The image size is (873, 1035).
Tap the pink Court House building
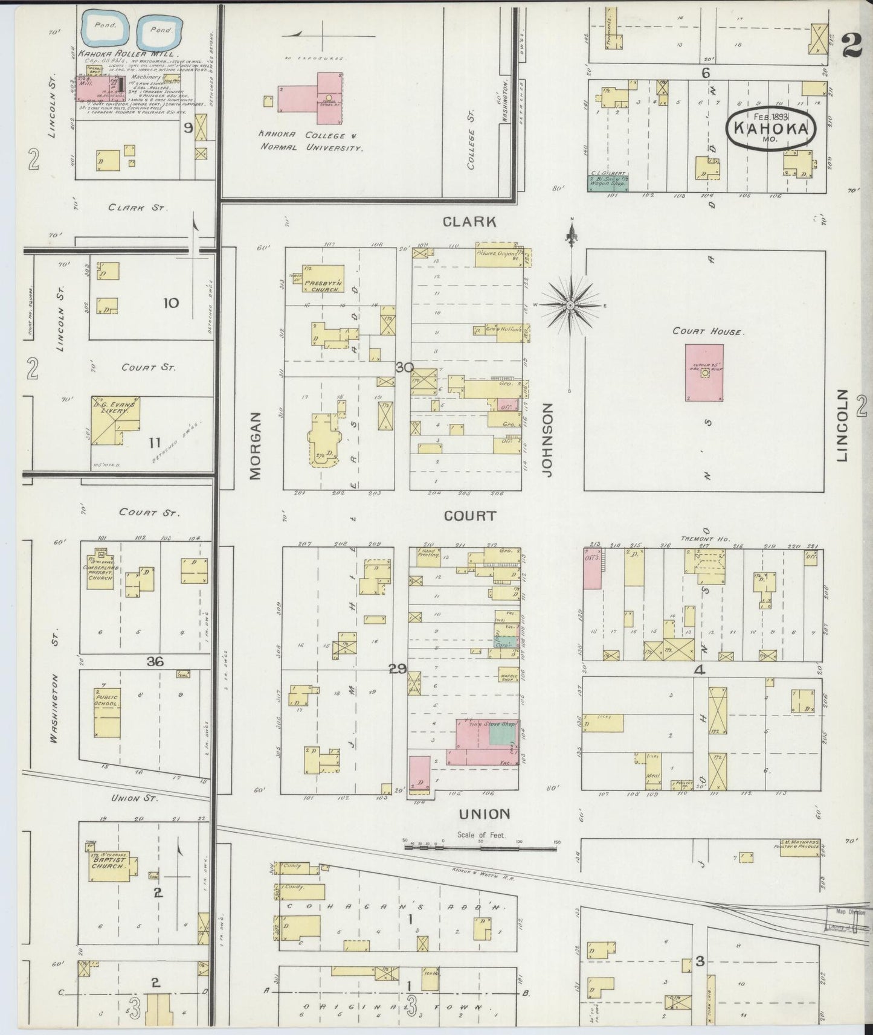click(704, 373)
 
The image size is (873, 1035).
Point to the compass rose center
click(569, 306)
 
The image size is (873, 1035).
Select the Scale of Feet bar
click(480, 847)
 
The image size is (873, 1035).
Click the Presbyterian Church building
click(323, 279)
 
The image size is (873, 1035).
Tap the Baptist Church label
click(109, 863)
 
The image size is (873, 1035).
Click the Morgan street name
click(255, 446)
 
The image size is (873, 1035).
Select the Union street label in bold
click(485, 814)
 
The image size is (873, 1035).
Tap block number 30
click(404, 367)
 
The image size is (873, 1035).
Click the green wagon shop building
click(608, 183)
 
